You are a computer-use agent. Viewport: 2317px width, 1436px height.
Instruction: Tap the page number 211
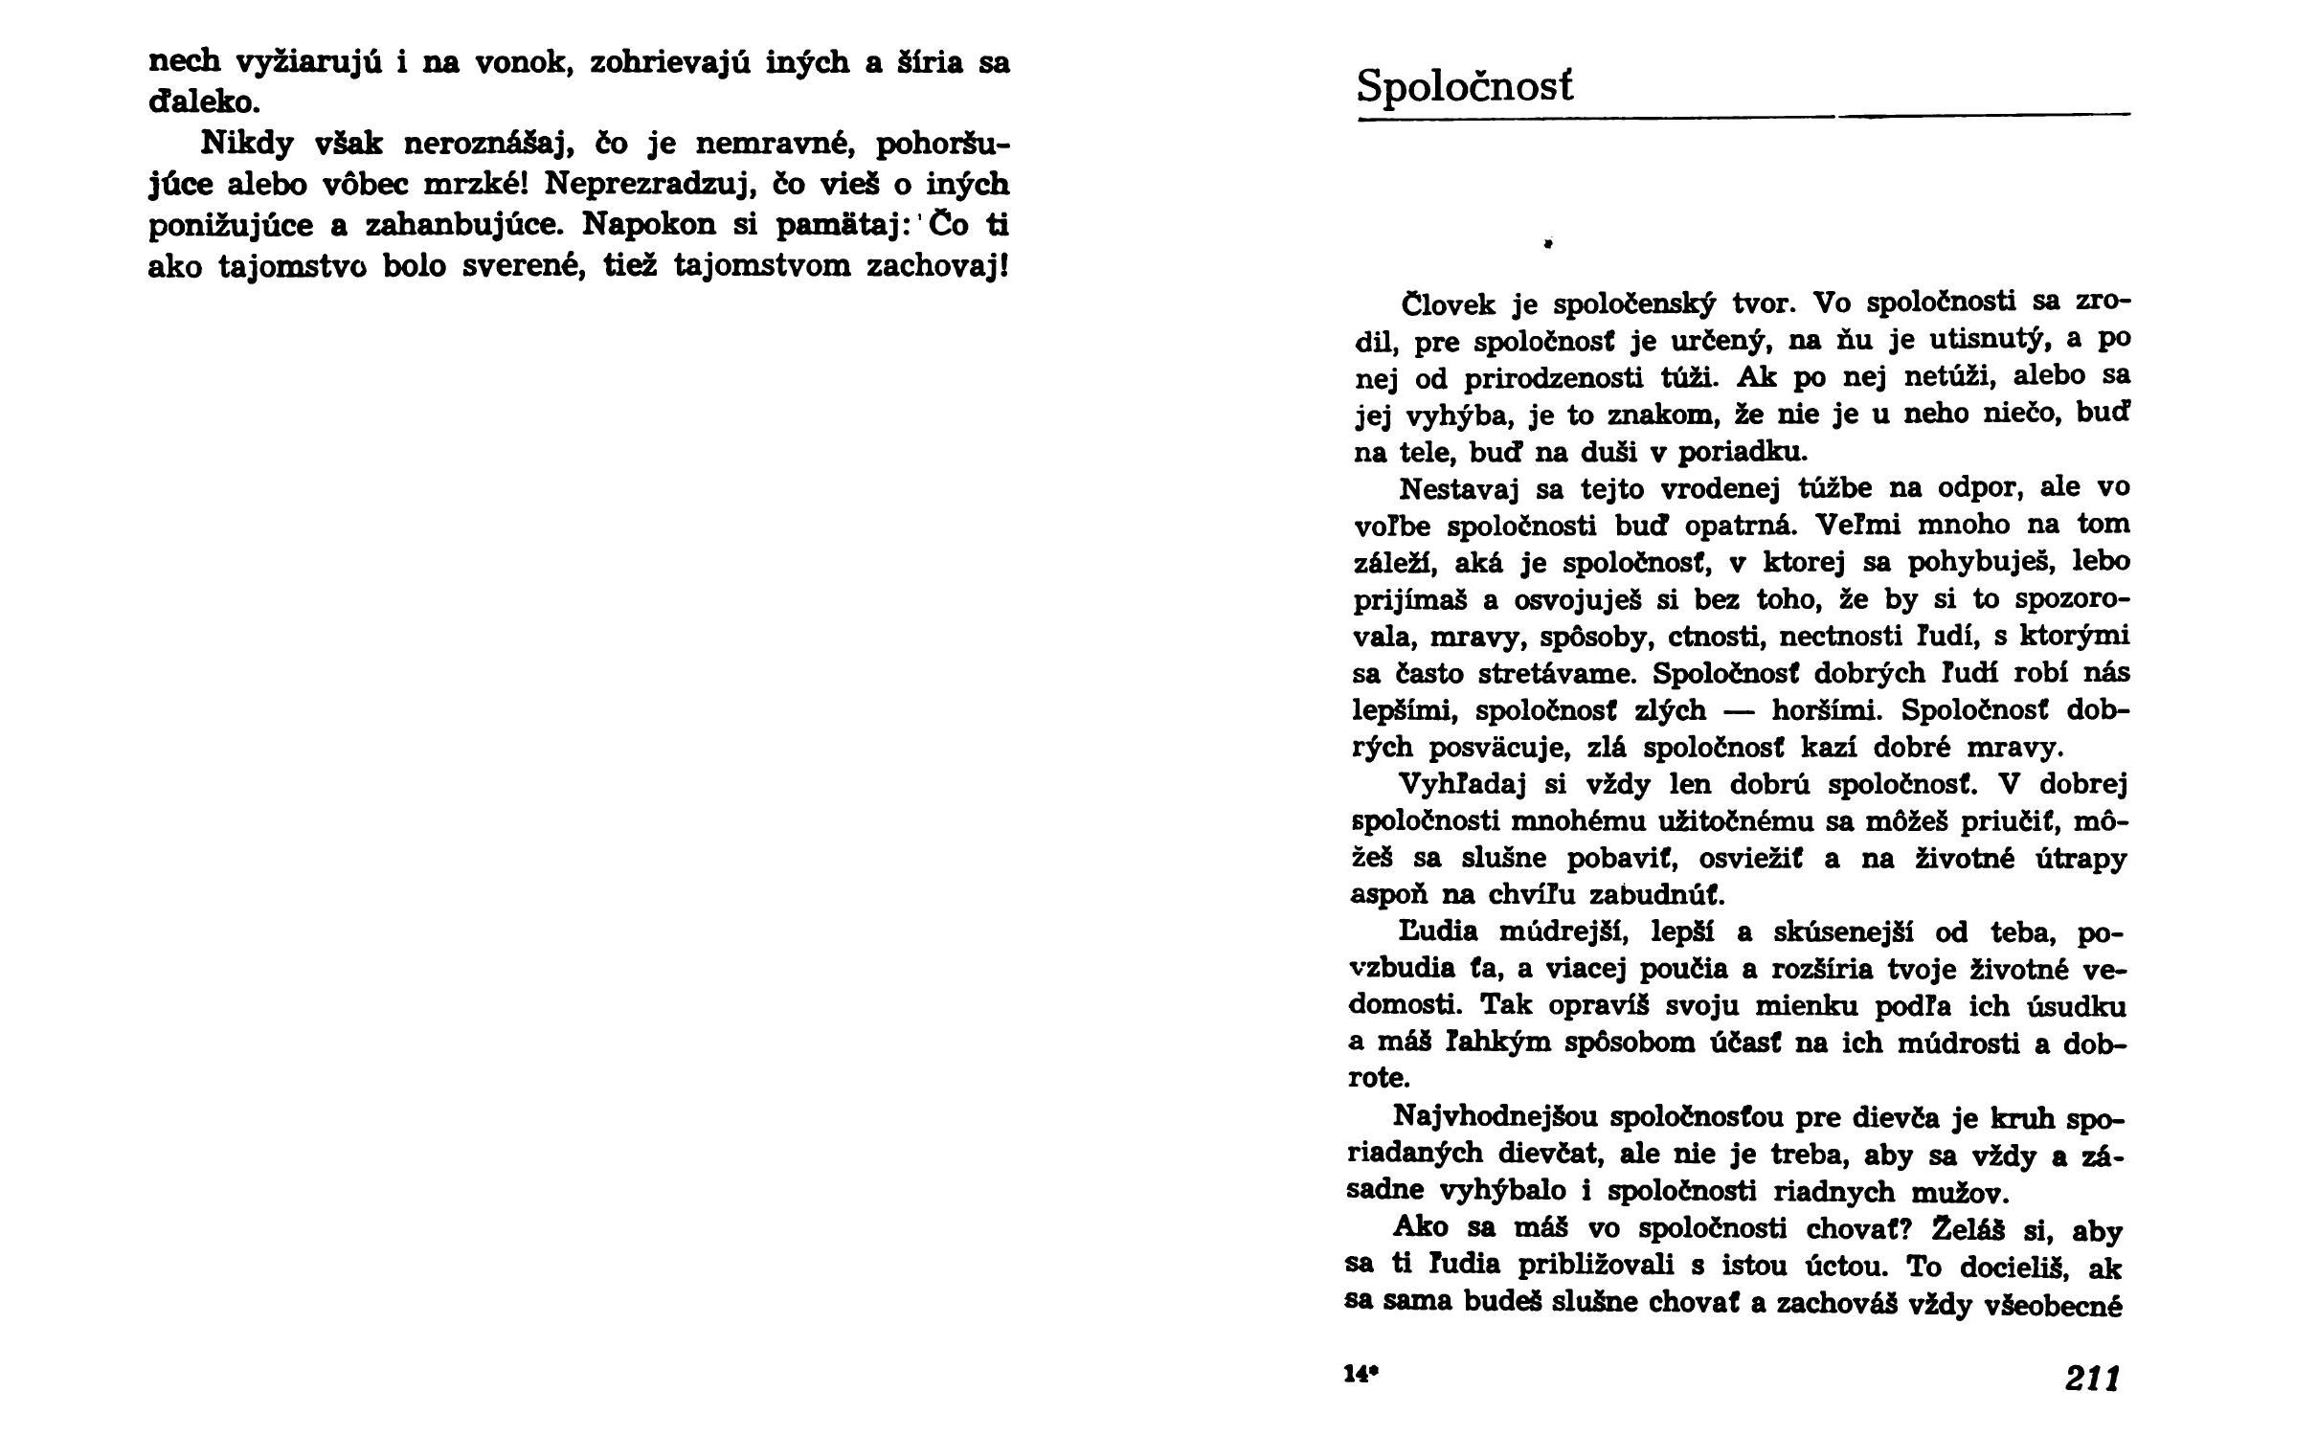click(2092, 1379)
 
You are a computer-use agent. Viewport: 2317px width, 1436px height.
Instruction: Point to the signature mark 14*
click(1360, 1375)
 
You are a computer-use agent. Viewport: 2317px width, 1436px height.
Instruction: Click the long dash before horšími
click(1739, 710)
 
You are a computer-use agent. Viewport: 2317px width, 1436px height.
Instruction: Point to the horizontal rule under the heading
click(1743, 118)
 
